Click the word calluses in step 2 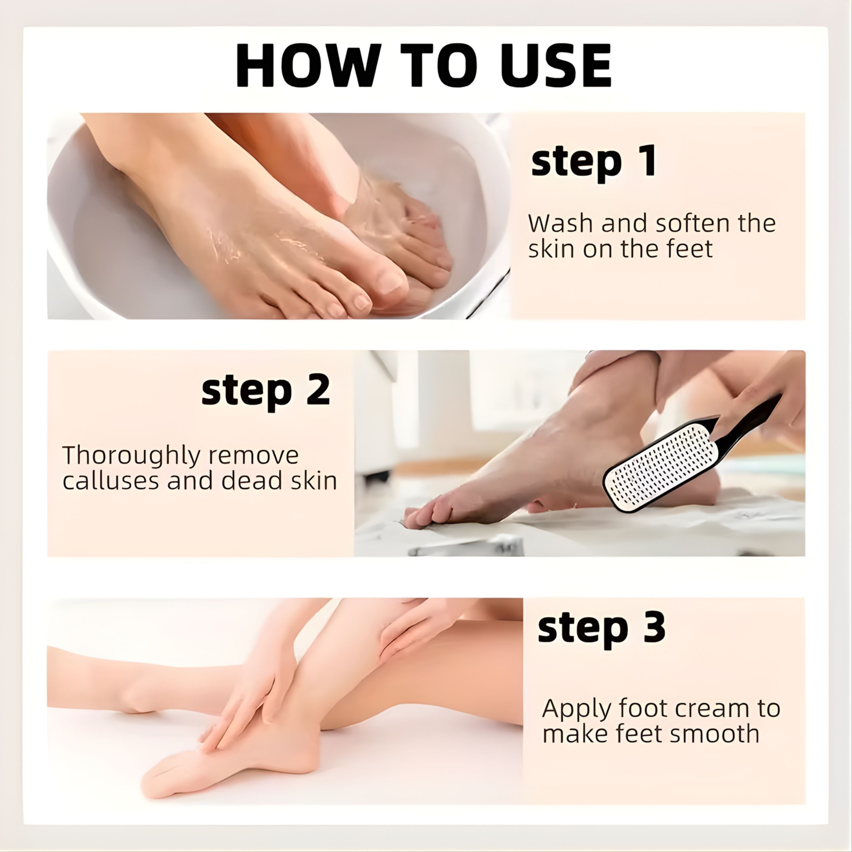pyautogui.click(x=110, y=481)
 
